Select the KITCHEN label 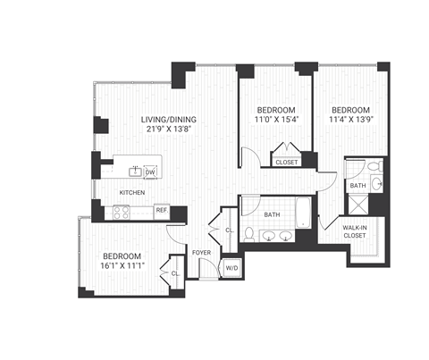133,192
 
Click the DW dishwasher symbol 150,171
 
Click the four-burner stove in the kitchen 122,213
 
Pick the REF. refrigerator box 162,212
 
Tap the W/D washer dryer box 231,267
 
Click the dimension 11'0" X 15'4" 276,110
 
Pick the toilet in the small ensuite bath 376,168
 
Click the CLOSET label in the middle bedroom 287,162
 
